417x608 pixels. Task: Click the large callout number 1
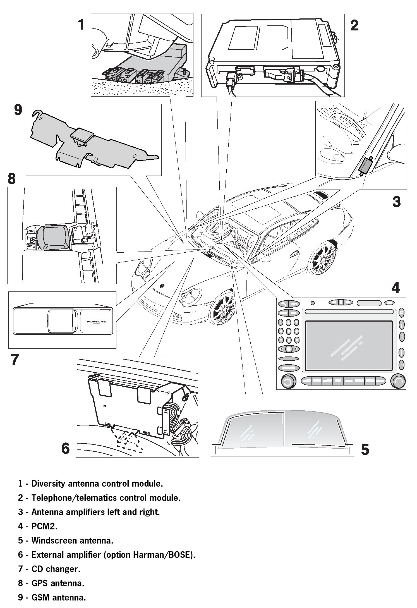coord(81,25)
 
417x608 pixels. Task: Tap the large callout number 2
coord(354,25)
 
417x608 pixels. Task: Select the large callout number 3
coord(396,201)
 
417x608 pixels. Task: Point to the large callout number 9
coord(18,110)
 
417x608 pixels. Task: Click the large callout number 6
coord(65,448)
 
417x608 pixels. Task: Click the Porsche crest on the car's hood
coord(161,286)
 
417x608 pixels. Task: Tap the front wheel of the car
coord(222,308)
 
